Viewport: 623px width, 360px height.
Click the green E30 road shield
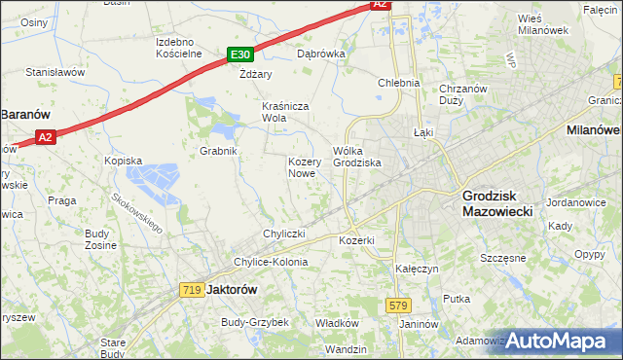pos(241,55)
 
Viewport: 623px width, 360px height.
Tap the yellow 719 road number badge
pos(191,289)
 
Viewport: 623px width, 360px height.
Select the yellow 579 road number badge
pos(397,306)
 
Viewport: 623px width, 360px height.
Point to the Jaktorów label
pos(231,289)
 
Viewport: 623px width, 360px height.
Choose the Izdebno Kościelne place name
pos(178,48)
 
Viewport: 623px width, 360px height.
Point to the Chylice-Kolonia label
pos(270,262)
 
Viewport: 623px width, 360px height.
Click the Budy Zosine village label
pos(99,239)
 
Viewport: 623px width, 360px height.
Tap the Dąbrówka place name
pos(321,54)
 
